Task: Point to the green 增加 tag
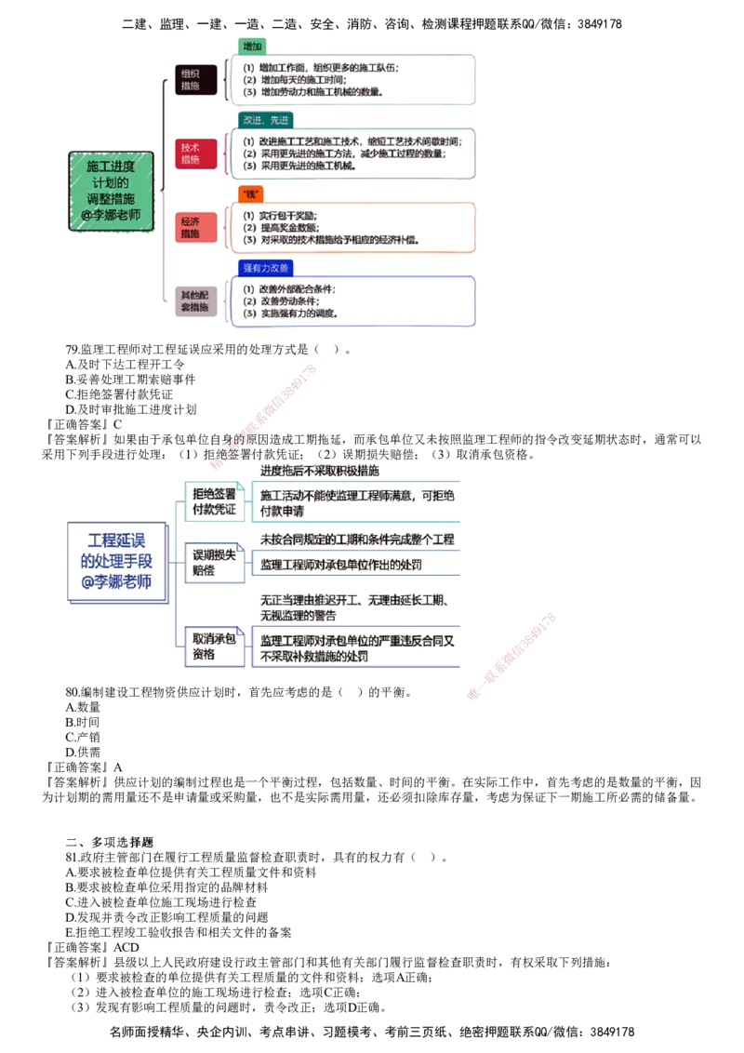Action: (252, 46)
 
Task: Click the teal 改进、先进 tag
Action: (266, 120)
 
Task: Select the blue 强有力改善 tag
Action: (265, 268)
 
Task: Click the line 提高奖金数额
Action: (288, 227)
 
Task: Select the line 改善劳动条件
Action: (288, 301)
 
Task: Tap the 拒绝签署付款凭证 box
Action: (214, 502)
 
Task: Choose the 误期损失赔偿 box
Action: (214, 563)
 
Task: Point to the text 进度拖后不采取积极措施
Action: (319, 472)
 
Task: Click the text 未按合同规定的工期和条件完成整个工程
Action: (356, 540)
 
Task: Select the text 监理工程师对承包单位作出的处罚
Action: (341, 565)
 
